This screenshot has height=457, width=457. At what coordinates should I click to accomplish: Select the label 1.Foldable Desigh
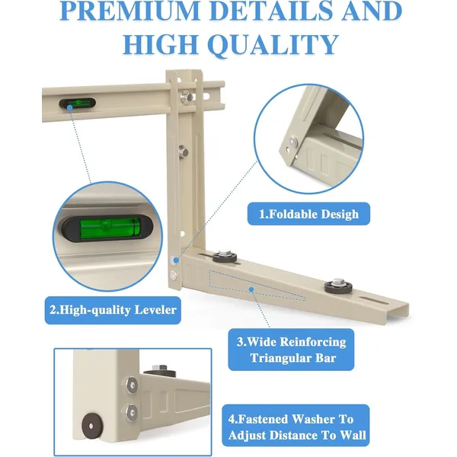pyautogui.click(x=308, y=214)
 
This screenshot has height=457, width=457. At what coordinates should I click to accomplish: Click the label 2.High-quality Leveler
pyautogui.click(x=113, y=310)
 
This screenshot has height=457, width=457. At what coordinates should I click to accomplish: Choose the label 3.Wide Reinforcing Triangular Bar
pyautogui.click(x=291, y=350)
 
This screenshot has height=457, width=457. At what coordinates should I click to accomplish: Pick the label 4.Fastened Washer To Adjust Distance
pyautogui.click(x=296, y=427)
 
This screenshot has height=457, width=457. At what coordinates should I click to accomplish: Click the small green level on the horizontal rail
pyautogui.click(x=78, y=103)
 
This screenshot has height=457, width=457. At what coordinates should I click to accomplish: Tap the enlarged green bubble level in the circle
pyautogui.click(x=107, y=228)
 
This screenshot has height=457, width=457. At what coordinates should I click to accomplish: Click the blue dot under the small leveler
pyautogui.click(x=70, y=108)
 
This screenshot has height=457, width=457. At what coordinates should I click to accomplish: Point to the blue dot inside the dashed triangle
pyautogui.click(x=251, y=289)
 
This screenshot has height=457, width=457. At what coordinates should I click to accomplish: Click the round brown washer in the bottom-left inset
pyautogui.click(x=91, y=427)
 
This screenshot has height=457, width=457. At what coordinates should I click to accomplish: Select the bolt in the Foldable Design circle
pyautogui.click(x=293, y=142)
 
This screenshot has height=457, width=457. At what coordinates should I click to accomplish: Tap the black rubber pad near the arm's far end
pyautogui.click(x=338, y=285)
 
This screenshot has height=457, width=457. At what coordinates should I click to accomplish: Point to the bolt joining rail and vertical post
pyautogui.click(x=187, y=96)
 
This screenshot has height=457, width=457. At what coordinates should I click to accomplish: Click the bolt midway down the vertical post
pyautogui.click(x=184, y=152)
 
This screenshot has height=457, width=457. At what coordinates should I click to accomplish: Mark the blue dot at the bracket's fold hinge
pyautogui.click(x=176, y=260)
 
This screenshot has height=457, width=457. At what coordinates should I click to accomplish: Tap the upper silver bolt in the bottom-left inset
pyautogui.click(x=132, y=385)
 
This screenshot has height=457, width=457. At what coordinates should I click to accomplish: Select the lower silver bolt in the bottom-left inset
pyautogui.click(x=132, y=412)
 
